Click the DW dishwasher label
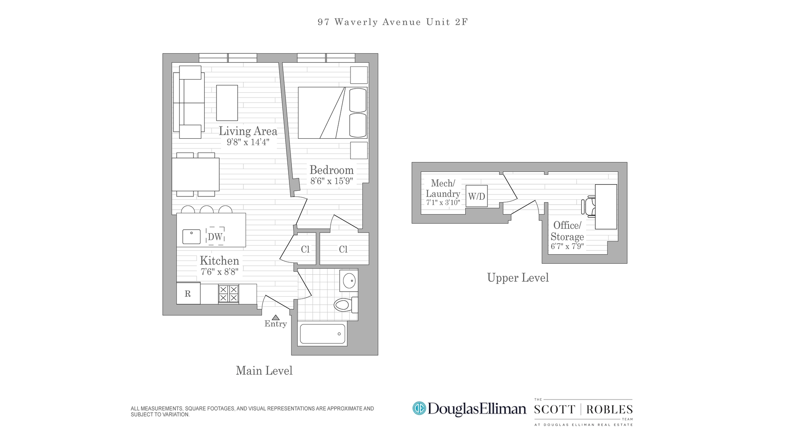(215, 237)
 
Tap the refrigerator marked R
(188, 294)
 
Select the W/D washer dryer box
(477, 196)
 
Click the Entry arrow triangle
(276, 317)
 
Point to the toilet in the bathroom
(343, 305)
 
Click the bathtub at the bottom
(323, 334)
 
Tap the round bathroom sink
(349, 281)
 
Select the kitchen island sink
(191, 237)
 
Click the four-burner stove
(228, 294)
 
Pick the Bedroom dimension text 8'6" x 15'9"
(332, 181)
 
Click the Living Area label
(248, 131)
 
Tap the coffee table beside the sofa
(227, 103)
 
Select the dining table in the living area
(196, 174)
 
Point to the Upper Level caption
(518, 278)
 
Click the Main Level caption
(264, 371)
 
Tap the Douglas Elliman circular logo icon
(419, 409)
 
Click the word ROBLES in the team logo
(610, 410)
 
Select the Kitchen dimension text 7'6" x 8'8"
(219, 272)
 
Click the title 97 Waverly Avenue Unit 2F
(393, 22)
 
